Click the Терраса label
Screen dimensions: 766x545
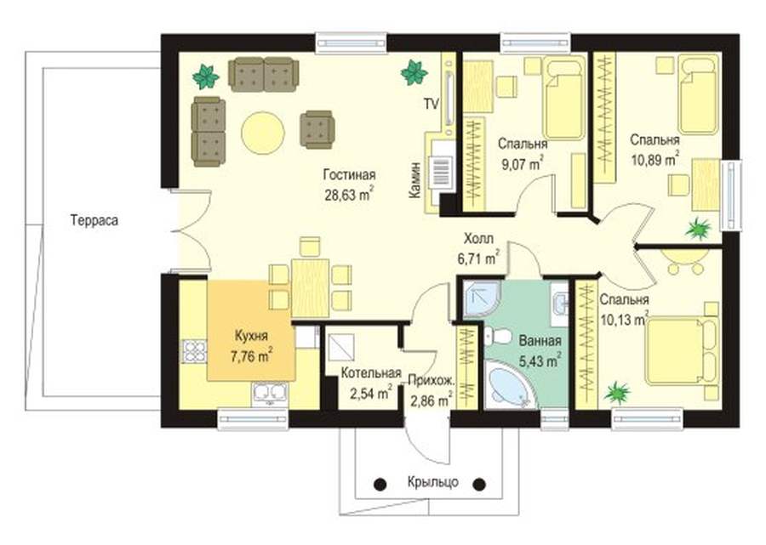[94, 220]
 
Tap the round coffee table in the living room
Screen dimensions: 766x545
[263, 133]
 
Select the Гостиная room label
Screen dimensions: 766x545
[349, 174]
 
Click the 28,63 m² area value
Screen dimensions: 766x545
[349, 194]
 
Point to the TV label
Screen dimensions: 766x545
[431, 104]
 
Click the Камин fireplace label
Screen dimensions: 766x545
[414, 179]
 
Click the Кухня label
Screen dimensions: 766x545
[251, 336]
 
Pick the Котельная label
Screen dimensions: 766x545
[371, 373]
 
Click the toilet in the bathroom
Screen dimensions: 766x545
[497, 337]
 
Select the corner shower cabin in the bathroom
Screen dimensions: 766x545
[481, 298]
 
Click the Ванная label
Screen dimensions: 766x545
[540, 341]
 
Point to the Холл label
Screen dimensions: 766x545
[478, 239]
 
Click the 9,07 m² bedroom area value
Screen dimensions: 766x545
[523, 163]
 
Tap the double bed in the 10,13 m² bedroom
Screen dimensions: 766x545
[682, 351]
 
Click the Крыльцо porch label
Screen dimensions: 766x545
[433, 483]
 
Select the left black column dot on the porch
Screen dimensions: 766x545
[380, 484]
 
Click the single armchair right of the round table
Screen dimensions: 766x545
[317, 129]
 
